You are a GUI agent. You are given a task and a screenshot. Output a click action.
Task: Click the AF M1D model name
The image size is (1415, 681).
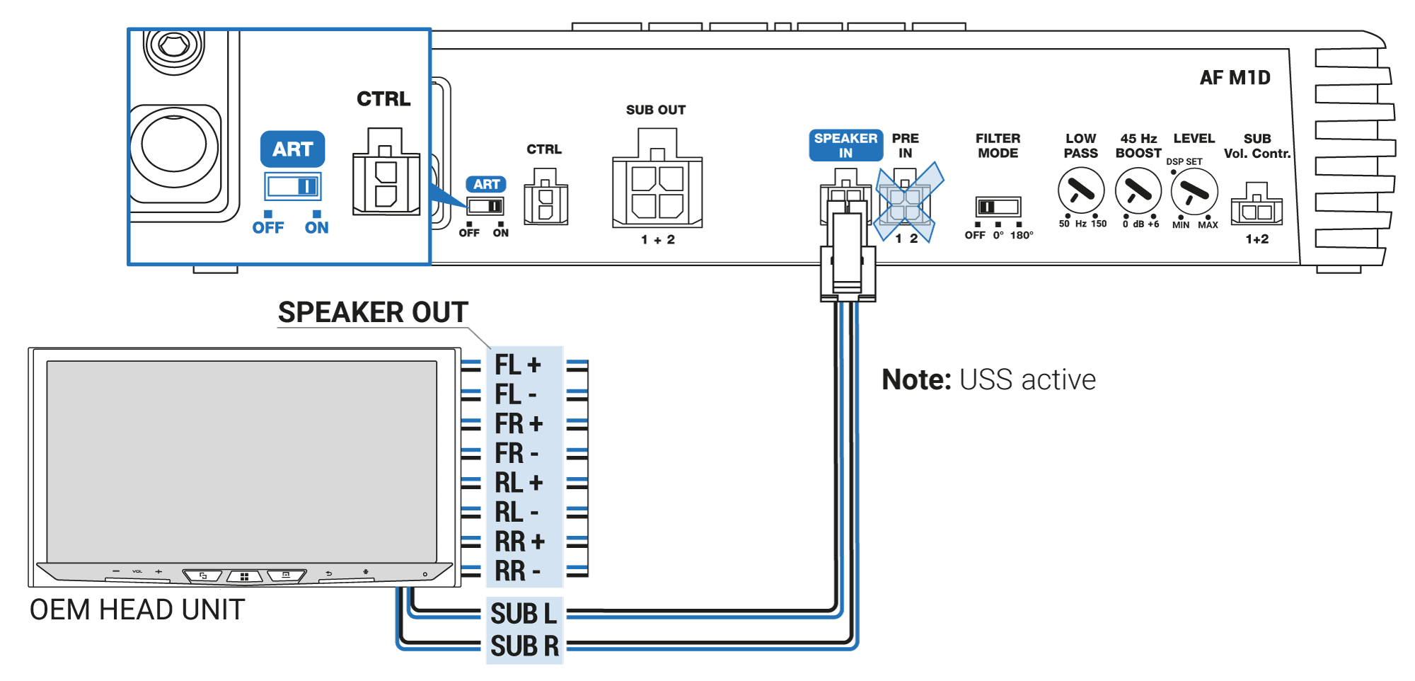click(x=1235, y=78)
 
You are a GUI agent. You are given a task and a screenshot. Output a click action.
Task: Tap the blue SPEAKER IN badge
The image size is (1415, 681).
click(x=845, y=145)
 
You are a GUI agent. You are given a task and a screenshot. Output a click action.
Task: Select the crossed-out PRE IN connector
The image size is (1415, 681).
click(x=906, y=202)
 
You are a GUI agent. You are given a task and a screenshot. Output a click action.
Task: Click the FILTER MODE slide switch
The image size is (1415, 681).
click(x=998, y=207)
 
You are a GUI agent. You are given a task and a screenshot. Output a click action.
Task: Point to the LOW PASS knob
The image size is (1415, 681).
click(x=1080, y=190)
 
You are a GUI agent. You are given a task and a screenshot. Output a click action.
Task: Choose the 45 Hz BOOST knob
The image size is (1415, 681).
click(x=1138, y=190)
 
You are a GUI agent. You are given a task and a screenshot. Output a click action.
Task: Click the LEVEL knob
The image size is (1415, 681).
click(x=1194, y=191)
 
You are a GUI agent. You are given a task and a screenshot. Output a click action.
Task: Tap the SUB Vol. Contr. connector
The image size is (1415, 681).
click(x=1257, y=208)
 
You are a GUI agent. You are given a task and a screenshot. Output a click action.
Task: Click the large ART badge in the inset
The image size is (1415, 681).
click(x=292, y=149)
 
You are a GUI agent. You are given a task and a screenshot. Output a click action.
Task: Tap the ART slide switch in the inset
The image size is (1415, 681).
click(x=293, y=187)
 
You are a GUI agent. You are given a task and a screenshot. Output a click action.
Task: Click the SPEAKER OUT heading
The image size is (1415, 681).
click(x=373, y=312)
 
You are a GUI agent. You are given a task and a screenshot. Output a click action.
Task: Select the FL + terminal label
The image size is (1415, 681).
click(x=518, y=365)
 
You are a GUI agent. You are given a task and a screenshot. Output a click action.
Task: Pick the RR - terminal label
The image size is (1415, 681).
click(x=518, y=571)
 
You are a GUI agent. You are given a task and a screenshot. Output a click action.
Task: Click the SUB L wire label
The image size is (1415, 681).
click(x=524, y=614)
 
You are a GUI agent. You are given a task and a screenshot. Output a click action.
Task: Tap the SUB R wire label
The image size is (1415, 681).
click(x=524, y=646)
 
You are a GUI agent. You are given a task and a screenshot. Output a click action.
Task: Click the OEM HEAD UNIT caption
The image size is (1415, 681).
click(x=137, y=610)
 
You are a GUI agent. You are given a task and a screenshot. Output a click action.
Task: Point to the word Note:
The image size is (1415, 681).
click(x=916, y=380)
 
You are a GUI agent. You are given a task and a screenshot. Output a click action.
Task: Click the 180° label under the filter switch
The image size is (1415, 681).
click(x=1021, y=235)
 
